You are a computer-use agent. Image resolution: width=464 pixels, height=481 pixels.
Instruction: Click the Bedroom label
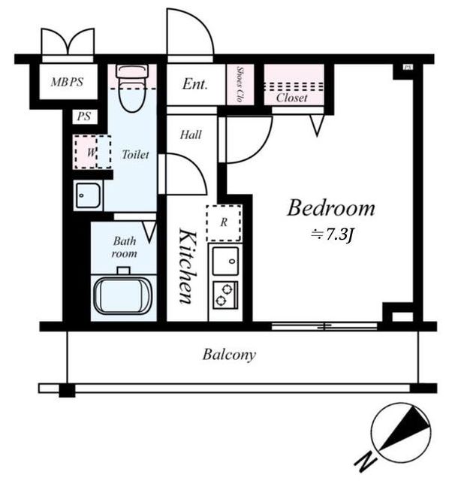click(331, 208)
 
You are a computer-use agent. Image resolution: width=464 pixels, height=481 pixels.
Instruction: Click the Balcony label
click(229, 355)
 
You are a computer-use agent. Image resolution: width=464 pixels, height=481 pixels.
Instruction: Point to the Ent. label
click(195, 84)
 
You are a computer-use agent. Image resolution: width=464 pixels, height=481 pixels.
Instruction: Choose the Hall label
click(191, 135)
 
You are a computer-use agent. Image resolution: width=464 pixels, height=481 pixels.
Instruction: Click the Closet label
click(291, 98)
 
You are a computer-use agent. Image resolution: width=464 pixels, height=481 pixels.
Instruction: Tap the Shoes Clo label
click(240, 84)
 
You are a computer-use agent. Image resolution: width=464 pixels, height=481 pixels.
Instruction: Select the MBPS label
click(67, 82)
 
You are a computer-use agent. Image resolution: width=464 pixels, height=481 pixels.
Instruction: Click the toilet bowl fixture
click(132, 88)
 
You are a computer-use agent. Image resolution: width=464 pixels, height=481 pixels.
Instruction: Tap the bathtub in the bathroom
click(123, 296)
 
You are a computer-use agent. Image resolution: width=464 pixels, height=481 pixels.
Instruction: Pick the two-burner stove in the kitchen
click(225, 295)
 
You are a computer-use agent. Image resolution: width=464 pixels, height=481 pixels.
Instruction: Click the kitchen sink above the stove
click(225, 261)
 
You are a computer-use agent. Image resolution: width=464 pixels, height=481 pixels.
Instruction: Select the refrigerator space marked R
click(224, 222)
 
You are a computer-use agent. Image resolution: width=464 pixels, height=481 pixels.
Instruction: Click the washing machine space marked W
click(92, 152)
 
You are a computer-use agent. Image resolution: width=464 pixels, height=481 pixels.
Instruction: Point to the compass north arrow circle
click(401, 433)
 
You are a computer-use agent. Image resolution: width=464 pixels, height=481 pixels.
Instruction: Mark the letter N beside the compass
click(366, 462)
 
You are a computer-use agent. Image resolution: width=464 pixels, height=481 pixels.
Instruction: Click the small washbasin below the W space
click(88, 195)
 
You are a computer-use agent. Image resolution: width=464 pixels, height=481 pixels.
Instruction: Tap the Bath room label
click(124, 247)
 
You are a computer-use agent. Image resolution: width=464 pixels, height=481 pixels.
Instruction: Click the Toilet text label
click(135, 155)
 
